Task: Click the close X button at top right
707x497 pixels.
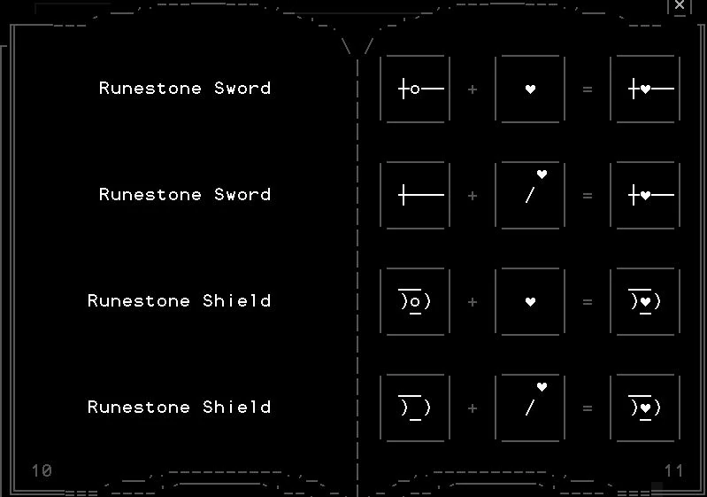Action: click(x=680, y=5)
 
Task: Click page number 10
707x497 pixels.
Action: click(x=42, y=470)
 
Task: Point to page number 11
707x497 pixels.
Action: click(x=674, y=470)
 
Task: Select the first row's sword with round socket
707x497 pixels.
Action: click(x=415, y=89)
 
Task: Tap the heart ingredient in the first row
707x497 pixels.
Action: click(x=530, y=89)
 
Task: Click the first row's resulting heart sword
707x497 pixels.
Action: click(x=645, y=89)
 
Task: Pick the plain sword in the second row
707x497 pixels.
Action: click(x=415, y=195)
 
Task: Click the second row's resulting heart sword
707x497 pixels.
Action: click(x=645, y=195)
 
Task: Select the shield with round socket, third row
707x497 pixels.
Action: click(x=415, y=301)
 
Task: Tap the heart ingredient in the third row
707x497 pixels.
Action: click(x=530, y=301)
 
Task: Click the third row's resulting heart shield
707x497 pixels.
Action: click(x=645, y=301)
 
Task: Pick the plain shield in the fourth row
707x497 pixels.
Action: click(x=415, y=408)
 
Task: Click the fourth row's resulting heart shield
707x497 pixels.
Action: click(x=645, y=408)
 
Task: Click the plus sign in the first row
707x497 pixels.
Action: click(x=473, y=89)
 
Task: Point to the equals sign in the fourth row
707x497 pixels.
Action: click(x=588, y=408)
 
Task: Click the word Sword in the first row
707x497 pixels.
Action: click(x=242, y=89)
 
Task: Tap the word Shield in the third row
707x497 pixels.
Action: click(x=236, y=301)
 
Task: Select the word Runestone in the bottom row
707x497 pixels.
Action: click(x=139, y=408)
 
